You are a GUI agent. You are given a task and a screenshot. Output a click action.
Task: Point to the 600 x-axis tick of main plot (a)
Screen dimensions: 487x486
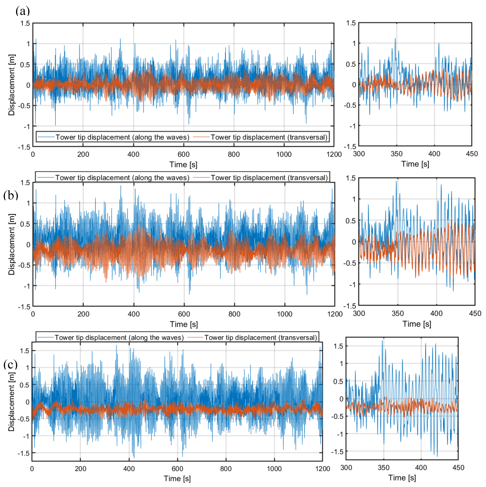[x=184, y=154]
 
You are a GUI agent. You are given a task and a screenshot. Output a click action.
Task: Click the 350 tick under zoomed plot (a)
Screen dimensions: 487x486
[x=397, y=154]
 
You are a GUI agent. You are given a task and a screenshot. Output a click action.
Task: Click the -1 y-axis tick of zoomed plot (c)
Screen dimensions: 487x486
[x=340, y=434]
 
